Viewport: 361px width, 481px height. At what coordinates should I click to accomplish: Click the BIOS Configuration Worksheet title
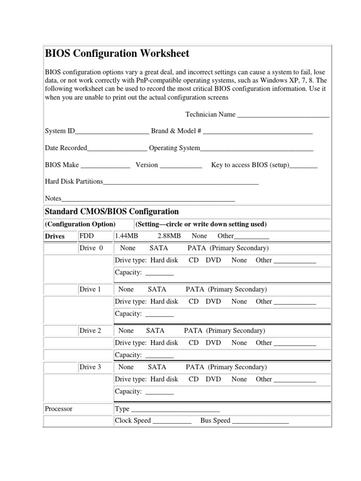click(x=117, y=54)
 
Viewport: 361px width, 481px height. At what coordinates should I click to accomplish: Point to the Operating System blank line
click(x=257, y=148)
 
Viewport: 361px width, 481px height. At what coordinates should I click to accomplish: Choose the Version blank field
click(x=181, y=165)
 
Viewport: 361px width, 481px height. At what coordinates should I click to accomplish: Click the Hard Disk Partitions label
click(x=74, y=181)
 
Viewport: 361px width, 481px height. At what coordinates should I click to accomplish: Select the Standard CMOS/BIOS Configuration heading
click(x=112, y=211)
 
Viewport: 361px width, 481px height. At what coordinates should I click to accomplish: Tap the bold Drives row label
click(x=55, y=236)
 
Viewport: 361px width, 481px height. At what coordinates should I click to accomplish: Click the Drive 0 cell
click(x=91, y=248)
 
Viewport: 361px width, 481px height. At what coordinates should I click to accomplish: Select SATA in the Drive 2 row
click(x=155, y=331)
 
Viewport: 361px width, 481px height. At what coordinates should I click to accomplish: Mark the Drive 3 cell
click(x=90, y=367)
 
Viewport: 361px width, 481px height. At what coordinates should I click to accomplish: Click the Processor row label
click(x=59, y=409)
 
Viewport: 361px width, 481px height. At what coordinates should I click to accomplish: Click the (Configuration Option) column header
click(x=79, y=224)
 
